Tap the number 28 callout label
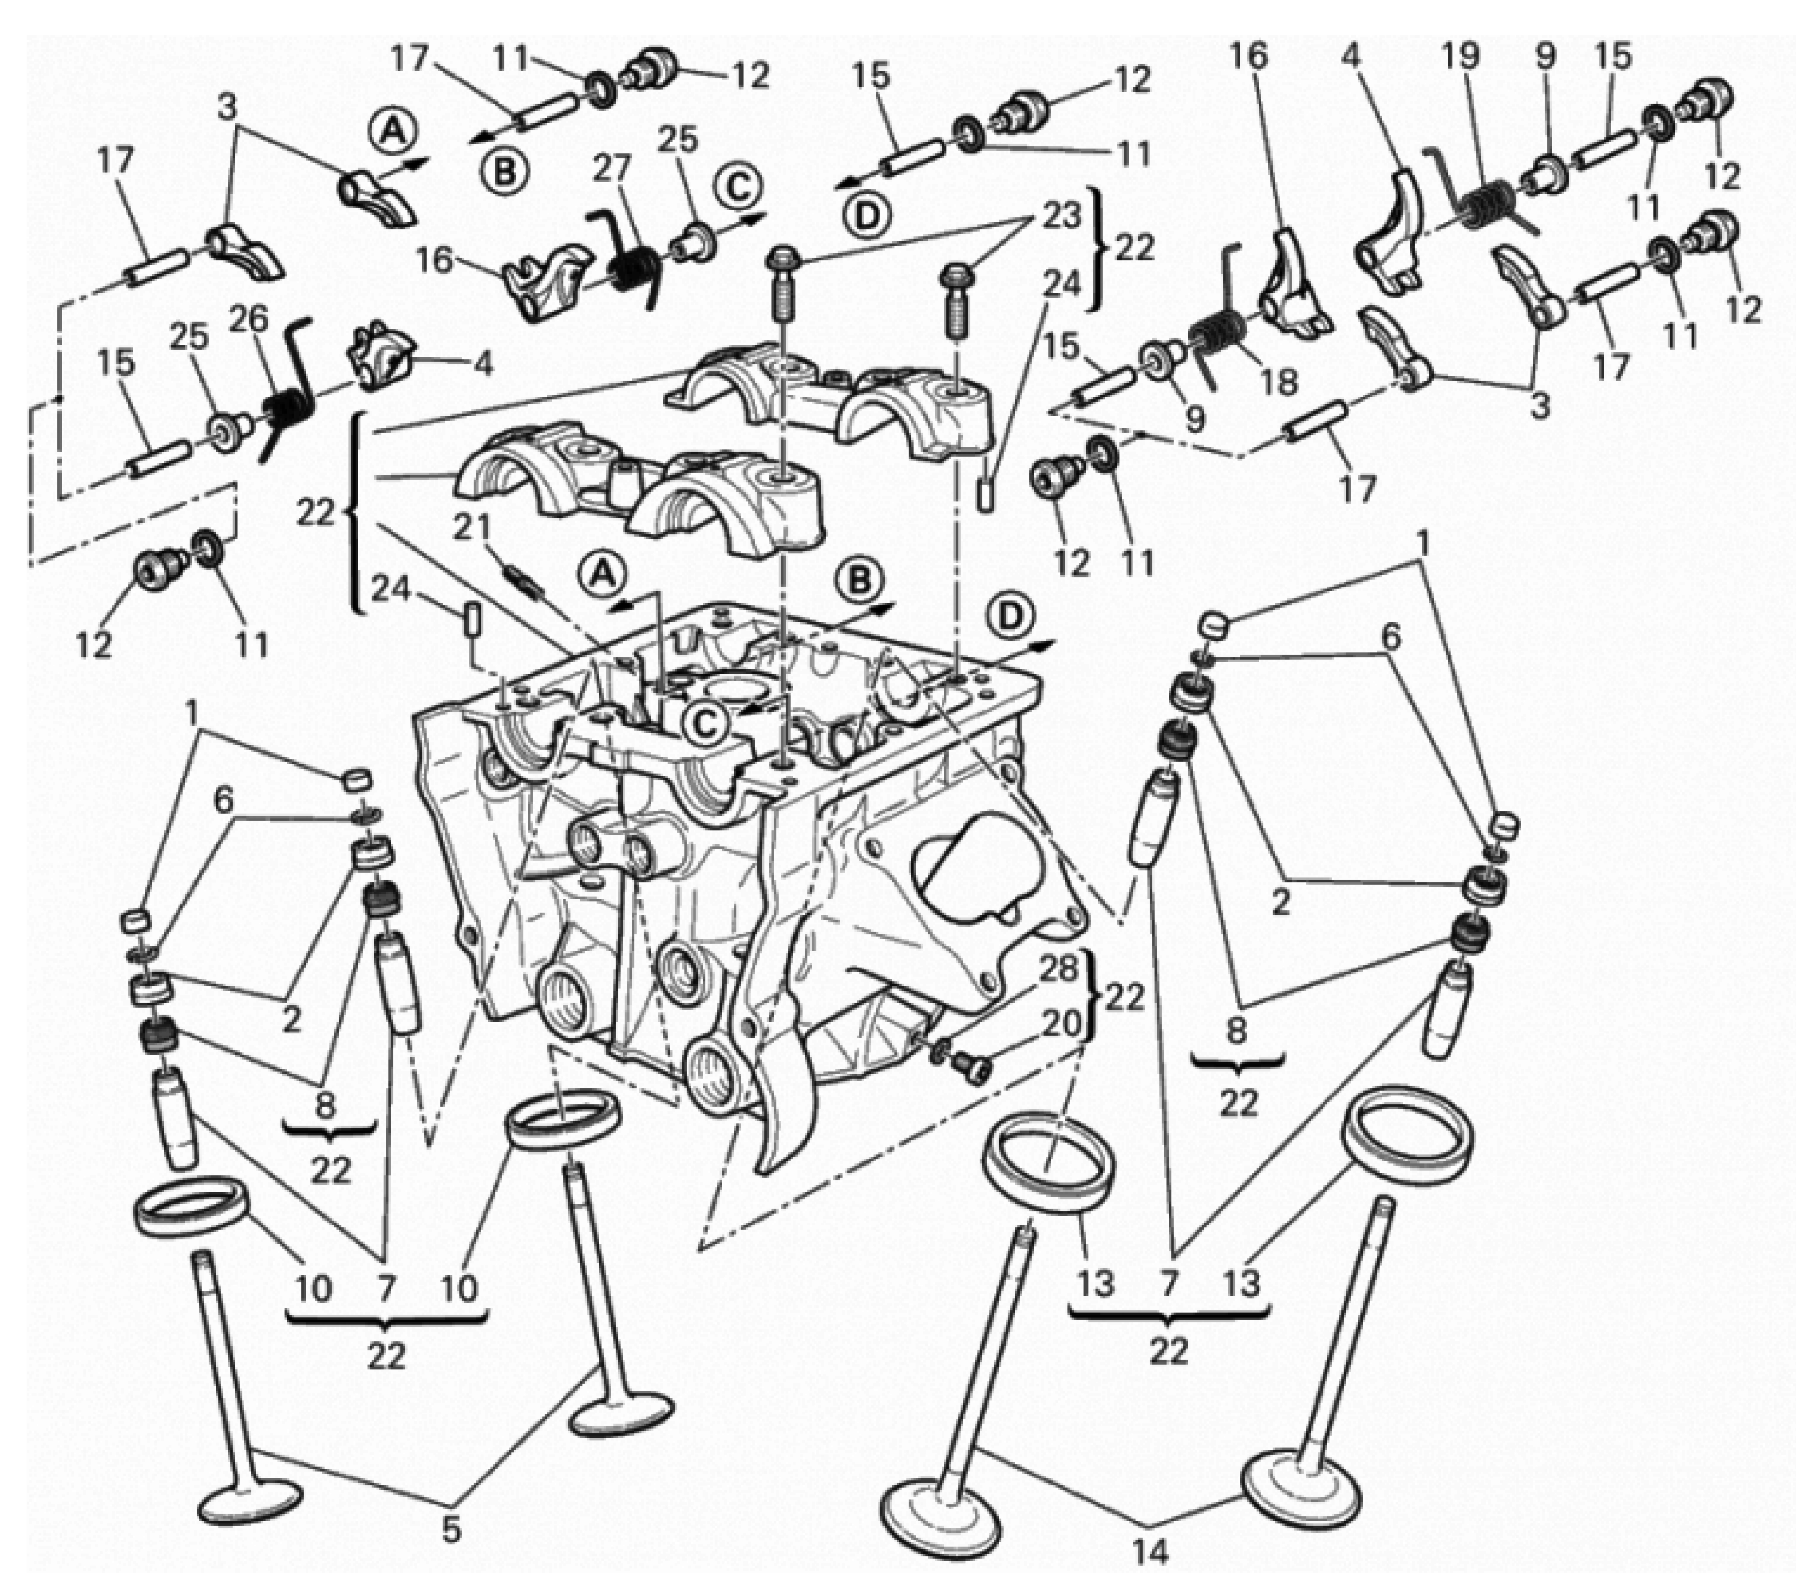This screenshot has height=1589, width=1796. point(1059,969)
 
